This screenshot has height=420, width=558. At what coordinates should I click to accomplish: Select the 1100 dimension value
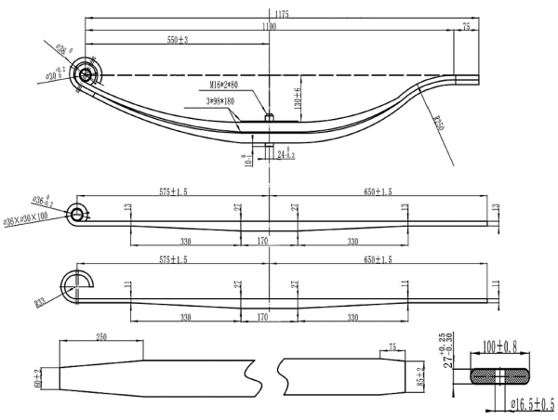[x=269, y=28]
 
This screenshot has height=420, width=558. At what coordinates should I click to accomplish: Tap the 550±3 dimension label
[x=177, y=40]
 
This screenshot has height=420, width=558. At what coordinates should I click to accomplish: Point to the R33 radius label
[x=41, y=301]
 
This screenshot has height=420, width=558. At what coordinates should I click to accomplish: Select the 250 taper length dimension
[x=101, y=337]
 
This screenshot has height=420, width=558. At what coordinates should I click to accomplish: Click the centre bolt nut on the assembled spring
[x=268, y=117]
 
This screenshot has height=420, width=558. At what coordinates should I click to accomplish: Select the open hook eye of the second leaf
[x=73, y=282]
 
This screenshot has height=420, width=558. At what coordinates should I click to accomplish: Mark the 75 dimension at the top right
[x=466, y=29]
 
